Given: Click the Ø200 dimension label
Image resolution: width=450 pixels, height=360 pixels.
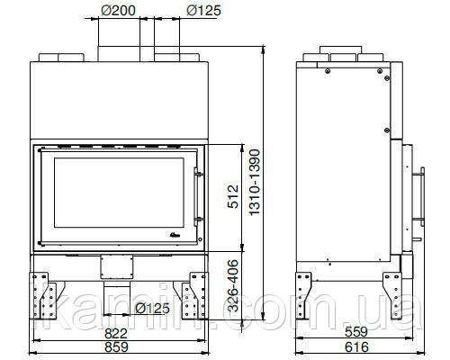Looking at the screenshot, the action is pos(118,11).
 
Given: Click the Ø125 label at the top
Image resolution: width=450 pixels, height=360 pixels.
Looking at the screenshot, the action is pos(203,11).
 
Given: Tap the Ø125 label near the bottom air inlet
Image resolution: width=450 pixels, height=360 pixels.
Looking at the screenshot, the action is pos(153,308).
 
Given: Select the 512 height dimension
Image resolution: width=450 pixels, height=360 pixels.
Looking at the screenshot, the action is pos(233,196).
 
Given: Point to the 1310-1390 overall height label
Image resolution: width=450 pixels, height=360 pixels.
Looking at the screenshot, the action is pos(255,182).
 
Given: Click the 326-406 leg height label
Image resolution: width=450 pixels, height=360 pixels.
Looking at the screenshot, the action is pos(233,285).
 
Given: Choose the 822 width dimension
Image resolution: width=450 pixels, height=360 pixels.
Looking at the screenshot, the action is pos(116,334).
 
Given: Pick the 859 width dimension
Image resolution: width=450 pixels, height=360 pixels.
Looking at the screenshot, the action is pos(116,346).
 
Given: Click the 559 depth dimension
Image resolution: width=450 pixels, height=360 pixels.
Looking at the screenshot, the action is pos(356,332).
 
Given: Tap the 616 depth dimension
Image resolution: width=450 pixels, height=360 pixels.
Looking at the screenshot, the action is pos(356,347).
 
